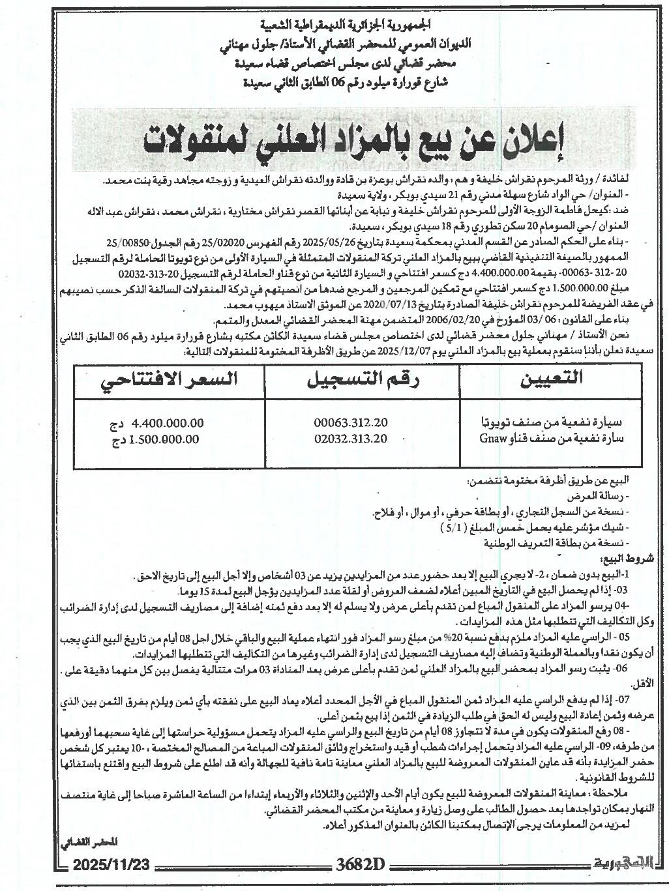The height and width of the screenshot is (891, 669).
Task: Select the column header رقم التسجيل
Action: [362, 381]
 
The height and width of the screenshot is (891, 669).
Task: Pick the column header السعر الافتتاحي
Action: [168, 381]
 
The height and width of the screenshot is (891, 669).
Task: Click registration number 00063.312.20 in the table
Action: [350, 423]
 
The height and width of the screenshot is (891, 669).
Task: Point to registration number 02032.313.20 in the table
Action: [350, 439]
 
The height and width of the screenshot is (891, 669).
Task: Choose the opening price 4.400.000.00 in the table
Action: [168, 423]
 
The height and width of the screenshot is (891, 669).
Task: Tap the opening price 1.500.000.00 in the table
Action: [164, 439]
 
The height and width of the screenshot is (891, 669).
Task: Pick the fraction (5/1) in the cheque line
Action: [454, 527]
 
